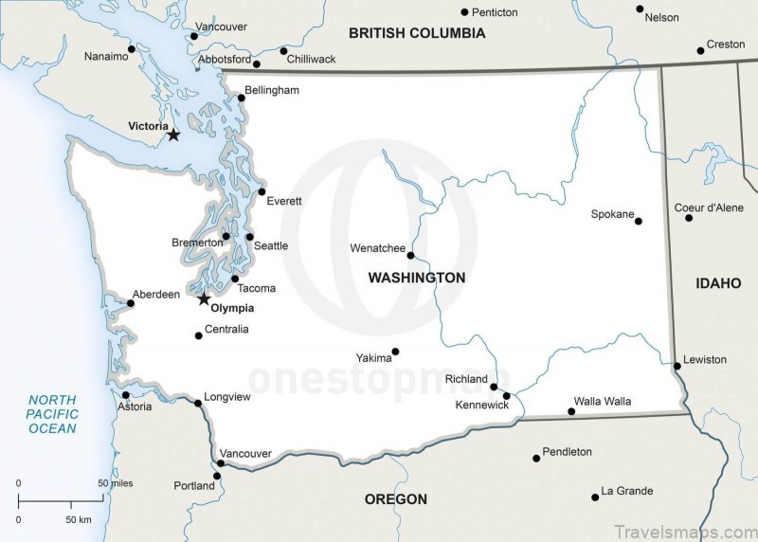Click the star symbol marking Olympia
[x=204, y=299]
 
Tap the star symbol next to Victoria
[x=173, y=135]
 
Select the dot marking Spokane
[x=639, y=221]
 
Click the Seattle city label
[x=271, y=246]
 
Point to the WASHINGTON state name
[x=417, y=278]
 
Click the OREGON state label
[x=396, y=499]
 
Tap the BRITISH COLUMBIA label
[x=417, y=33]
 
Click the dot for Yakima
[x=395, y=352]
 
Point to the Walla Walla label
[x=603, y=402]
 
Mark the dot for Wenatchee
[x=410, y=255]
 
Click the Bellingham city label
[x=272, y=90]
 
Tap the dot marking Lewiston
[x=677, y=366]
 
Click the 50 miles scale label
[x=117, y=483]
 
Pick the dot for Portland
[x=217, y=477]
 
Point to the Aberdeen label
[x=155, y=295]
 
